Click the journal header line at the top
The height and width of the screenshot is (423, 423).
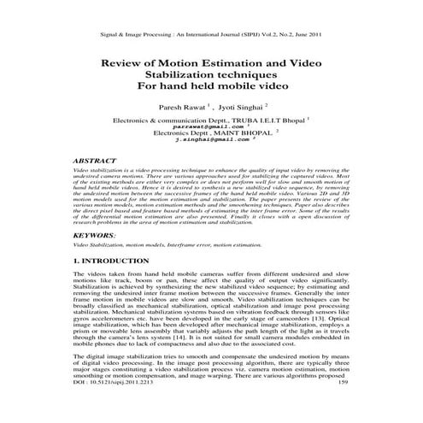pos(211,34)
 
